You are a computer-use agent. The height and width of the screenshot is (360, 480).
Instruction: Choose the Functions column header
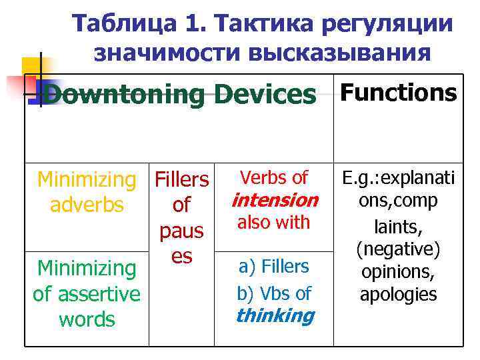tap(399, 92)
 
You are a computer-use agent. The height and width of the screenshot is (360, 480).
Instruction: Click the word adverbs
tap(87, 205)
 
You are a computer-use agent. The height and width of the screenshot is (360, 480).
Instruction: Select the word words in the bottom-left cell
tap(87, 319)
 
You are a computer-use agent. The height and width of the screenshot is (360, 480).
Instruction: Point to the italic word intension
tap(274, 200)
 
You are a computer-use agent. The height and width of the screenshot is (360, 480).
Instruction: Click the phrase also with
tap(274, 222)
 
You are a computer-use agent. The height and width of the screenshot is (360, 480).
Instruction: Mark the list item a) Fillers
tap(274, 267)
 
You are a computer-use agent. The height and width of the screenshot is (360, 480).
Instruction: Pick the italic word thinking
tap(274, 315)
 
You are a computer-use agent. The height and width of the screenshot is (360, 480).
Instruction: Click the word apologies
tap(399, 295)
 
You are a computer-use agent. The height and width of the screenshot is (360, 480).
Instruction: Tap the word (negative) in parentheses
tap(399, 251)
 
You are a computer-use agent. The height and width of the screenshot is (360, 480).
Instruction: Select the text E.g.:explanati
tap(399, 179)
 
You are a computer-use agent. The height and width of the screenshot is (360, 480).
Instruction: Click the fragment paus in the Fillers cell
tap(181, 231)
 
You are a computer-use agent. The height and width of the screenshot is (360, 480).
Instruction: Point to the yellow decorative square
tap(31, 67)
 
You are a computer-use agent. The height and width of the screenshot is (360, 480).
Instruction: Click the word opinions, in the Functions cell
tap(399, 273)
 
